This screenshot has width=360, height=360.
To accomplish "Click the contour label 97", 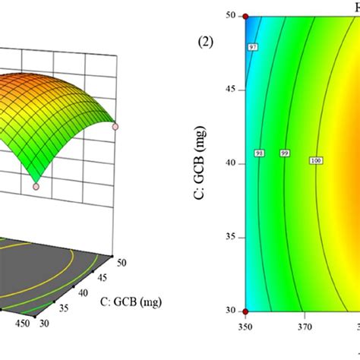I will (x=252, y=69).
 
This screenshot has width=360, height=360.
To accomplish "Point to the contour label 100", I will (x=315, y=160).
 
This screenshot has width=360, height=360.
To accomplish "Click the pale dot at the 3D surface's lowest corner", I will (x=36, y=185).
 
